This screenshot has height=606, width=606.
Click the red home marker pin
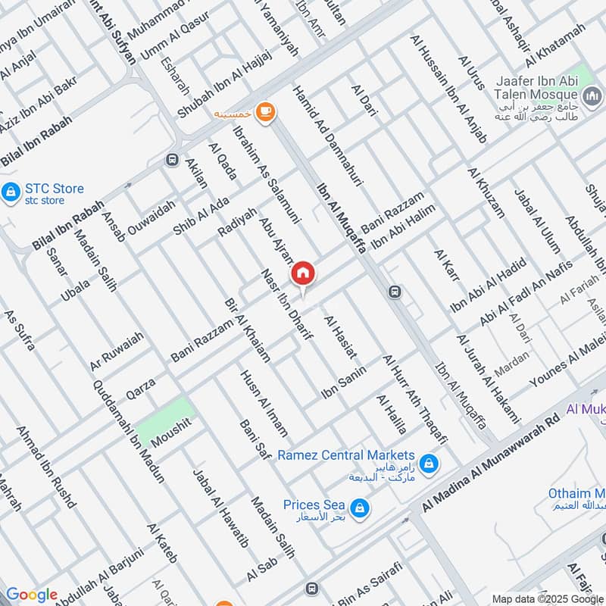[303, 273]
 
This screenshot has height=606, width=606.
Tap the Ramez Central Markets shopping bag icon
[428, 462]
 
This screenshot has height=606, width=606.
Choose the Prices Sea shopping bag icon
[359, 506]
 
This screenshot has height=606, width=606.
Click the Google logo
[31, 595]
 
